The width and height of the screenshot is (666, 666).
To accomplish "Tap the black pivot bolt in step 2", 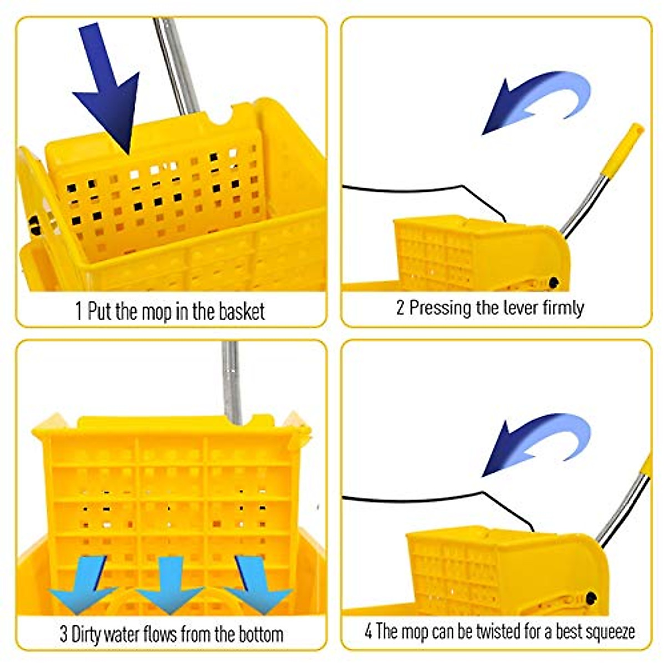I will [x=553, y=283].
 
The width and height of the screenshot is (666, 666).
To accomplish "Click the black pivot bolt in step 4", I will [x=591, y=598].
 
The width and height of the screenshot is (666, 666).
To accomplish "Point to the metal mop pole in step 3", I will [x=231, y=383].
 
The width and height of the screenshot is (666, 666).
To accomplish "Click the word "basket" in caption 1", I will [x=241, y=311].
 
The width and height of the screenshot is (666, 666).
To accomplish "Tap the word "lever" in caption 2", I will [x=521, y=307].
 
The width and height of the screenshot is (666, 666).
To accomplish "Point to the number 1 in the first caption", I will [x=79, y=311].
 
